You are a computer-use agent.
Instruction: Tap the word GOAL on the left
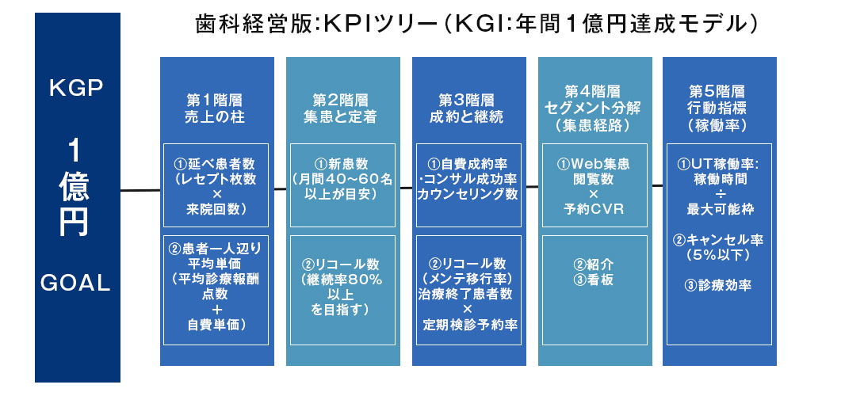pos(78,283)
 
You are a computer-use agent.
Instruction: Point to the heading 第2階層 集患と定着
pos(340,109)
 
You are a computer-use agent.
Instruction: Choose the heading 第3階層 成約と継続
pos(467,109)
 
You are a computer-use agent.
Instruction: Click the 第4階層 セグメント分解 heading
pos(593,108)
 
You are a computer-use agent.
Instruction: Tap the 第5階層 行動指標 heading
pos(717,108)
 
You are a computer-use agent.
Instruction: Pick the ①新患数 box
pos(341,185)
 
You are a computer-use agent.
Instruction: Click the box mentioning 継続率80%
pos(341,288)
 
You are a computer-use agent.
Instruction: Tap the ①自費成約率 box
pos(468,185)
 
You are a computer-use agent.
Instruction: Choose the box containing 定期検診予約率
pos(468,288)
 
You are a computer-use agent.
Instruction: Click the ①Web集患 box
pos(594,185)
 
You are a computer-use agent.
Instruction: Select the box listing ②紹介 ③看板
pos(594,288)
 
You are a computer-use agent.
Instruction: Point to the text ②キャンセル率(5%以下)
pos(717,246)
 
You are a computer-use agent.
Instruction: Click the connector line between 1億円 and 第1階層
pos(140,190)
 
